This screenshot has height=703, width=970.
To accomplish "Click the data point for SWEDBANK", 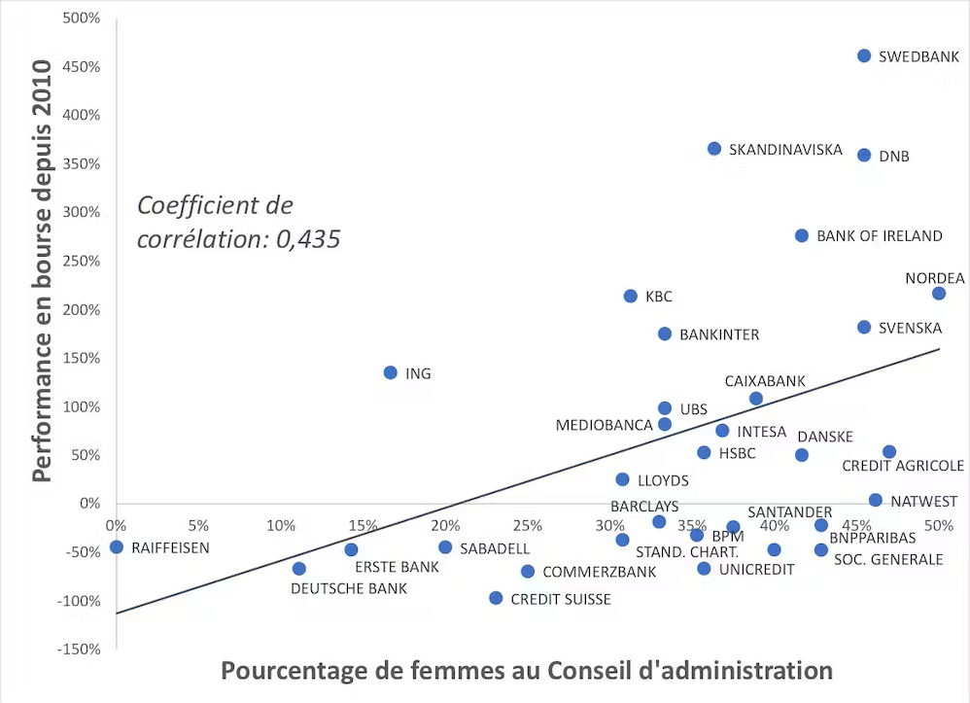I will (x=864, y=55).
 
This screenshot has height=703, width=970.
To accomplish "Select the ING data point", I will (x=391, y=372).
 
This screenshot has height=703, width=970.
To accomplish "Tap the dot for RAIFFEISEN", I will (x=117, y=546).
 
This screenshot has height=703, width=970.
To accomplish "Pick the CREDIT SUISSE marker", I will (x=496, y=598).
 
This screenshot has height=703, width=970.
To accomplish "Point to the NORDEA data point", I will (x=939, y=293).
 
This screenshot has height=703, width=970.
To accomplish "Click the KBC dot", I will (x=630, y=296).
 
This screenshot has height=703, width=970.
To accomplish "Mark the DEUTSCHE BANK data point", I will (x=299, y=568).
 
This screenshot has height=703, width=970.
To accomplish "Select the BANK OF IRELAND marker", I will (x=802, y=235).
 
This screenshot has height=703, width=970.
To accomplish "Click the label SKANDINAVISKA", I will (x=785, y=150).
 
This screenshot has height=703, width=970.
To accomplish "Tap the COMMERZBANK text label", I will (x=599, y=572).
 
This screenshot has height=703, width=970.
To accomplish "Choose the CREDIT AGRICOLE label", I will (x=903, y=467).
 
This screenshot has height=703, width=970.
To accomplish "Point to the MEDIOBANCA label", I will (x=604, y=425).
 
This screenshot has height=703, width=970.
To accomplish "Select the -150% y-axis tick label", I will (x=79, y=649).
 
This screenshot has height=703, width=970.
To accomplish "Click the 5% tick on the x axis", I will (x=198, y=526).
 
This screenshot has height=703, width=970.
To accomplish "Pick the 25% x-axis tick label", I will (x=527, y=526).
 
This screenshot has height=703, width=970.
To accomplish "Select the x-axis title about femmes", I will (x=526, y=671).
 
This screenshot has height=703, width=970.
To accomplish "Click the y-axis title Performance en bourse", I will (x=41, y=270).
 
